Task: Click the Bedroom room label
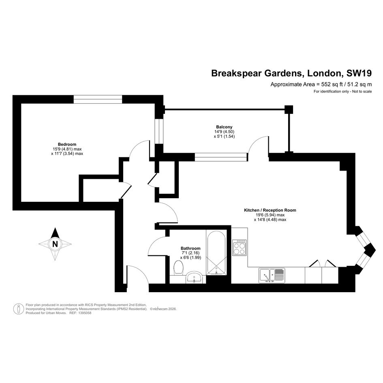tap(67, 144)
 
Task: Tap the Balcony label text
tap(224, 127)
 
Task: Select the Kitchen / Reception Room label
tap(270, 210)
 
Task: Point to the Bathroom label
tap(190, 248)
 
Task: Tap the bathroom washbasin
tap(194, 277)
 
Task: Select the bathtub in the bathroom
tap(216, 253)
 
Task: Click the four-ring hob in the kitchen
tap(240, 248)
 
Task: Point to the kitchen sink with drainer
tap(272, 276)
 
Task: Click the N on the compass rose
tap(55, 244)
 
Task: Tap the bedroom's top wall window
tap(98, 99)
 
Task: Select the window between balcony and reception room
tap(221, 157)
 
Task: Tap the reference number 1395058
tap(84, 313)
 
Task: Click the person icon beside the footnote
tap(18, 309)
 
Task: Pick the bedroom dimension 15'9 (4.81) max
tap(67, 149)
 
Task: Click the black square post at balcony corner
tap(289, 109)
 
